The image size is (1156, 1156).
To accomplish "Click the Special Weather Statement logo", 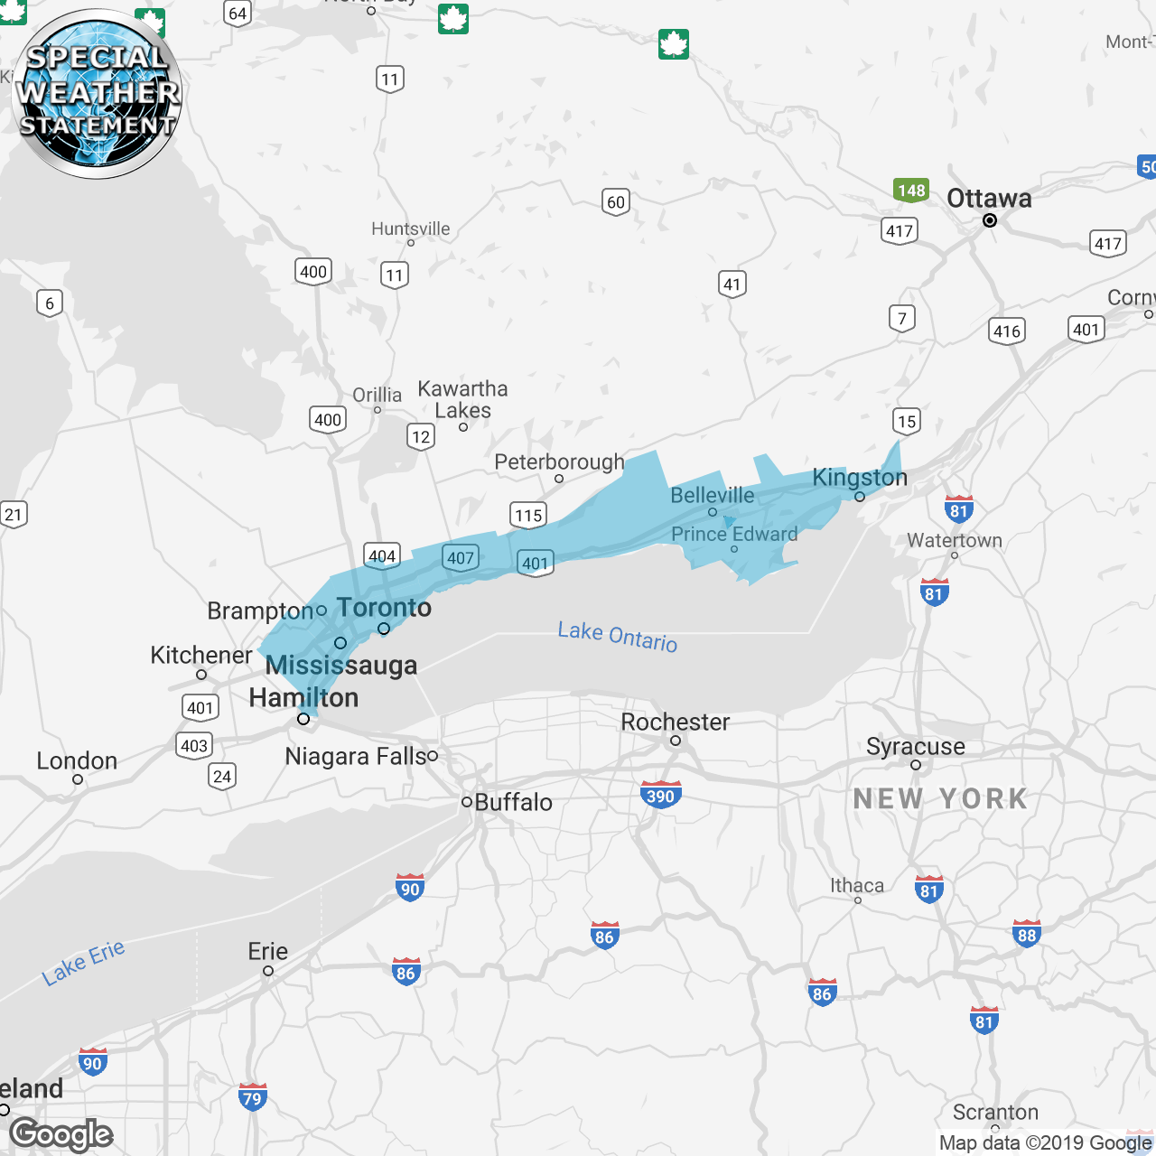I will click(97, 94).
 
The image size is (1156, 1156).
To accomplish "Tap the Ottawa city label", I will click(989, 199).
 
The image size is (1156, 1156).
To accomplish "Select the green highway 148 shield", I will click(911, 191).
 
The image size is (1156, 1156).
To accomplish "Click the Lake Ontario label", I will click(618, 636).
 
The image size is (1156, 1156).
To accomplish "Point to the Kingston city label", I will click(860, 477).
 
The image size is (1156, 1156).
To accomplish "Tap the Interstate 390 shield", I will click(661, 795).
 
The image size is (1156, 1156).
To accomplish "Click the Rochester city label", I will click(675, 722).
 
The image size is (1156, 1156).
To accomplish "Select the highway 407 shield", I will click(461, 557).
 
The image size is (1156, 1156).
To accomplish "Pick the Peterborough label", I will click(559, 461).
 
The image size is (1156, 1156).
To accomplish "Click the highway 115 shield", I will click(528, 515).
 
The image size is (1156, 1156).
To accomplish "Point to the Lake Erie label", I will click(83, 963).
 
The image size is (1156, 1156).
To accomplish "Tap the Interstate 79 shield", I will click(253, 1097).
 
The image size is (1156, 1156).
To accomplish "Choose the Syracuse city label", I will click(915, 747).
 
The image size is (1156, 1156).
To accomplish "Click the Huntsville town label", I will click(410, 228).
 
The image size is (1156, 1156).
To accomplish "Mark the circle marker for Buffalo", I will click(467, 801).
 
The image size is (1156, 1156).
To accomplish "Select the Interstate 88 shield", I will click(1027, 934).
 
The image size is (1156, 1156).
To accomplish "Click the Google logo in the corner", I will click(61, 1134).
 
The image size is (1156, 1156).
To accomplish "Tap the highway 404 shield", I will click(382, 555).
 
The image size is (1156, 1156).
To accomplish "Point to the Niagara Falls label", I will click(356, 756).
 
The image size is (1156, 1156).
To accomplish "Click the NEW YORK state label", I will click(940, 799).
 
